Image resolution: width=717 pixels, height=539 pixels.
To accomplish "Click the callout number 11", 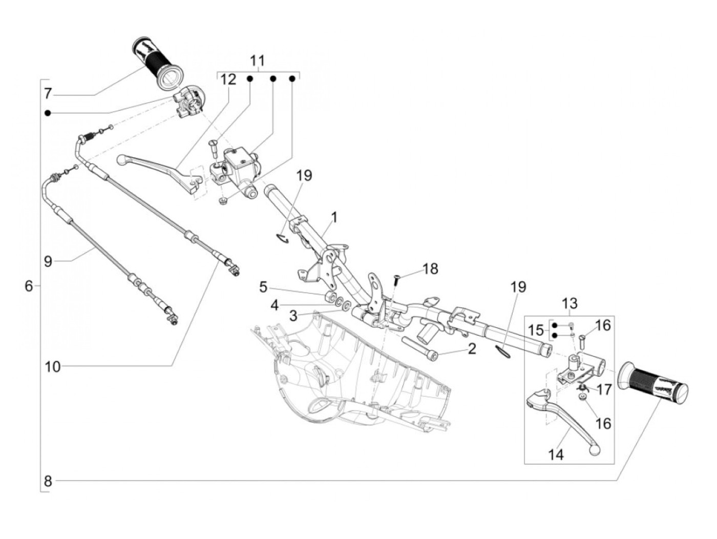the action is click(x=258, y=61).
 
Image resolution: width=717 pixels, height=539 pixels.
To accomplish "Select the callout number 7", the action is click(x=48, y=94).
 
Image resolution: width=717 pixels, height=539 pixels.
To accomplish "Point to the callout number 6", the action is click(x=29, y=286).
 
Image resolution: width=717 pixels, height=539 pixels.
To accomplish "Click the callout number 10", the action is click(x=53, y=367).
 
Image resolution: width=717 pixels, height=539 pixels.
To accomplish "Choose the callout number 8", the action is click(x=48, y=482).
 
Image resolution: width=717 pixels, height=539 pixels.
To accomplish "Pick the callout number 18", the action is click(x=430, y=269).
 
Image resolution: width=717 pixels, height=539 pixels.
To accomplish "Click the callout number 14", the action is click(x=556, y=455).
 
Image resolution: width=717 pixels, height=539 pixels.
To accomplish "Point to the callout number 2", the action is click(x=472, y=349).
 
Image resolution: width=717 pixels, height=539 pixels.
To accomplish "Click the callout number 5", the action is click(x=263, y=287).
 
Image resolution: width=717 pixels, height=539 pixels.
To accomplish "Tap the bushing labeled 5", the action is click(x=330, y=298).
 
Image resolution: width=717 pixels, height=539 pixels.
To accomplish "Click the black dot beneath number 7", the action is click(x=48, y=113).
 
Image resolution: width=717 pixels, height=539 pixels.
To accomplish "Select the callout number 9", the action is click(x=48, y=271).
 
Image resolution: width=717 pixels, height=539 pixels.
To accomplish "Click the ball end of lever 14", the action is click(x=594, y=450).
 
